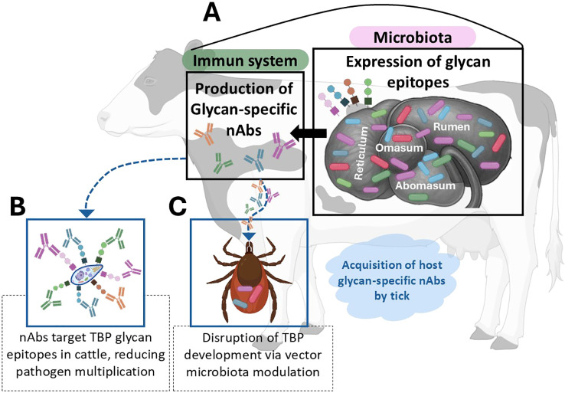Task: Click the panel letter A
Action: (211, 15)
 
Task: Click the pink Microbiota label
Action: (413, 37)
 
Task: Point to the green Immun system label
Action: (245, 61)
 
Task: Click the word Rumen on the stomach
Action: (452, 126)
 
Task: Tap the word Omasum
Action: (399, 148)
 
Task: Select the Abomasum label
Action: (425, 185)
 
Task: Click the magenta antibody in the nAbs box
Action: (282, 145)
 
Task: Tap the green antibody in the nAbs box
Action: (222, 163)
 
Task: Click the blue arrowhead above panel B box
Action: (87, 214)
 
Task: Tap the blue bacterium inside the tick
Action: (240, 304)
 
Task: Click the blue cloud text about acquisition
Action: (392, 280)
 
